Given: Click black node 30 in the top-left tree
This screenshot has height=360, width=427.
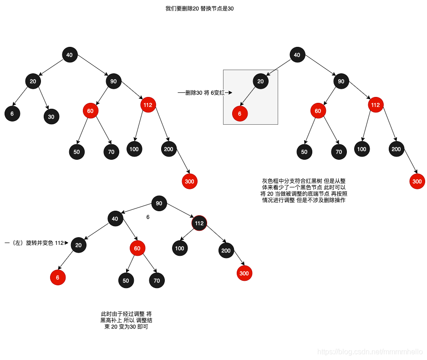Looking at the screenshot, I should [x=51, y=117].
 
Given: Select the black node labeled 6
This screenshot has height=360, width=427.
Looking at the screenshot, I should [x=12, y=113].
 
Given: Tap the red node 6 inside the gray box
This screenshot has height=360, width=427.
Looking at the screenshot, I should [x=240, y=113].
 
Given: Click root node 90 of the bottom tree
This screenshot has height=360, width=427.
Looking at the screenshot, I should [x=158, y=203].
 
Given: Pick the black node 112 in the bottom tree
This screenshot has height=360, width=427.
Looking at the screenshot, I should [x=199, y=223].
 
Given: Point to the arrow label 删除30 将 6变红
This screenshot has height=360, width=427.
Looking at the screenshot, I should [x=205, y=92].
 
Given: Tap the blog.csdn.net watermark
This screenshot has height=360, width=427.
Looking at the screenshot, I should [x=370, y=352].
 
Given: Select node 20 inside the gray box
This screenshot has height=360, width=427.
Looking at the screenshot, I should [x=260, y=81].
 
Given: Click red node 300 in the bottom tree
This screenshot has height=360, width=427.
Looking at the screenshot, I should [x=244, y=273].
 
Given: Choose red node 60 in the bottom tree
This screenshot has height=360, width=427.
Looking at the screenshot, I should [x=137, y=248].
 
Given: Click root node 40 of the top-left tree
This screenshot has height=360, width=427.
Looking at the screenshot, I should [x=69, y=55].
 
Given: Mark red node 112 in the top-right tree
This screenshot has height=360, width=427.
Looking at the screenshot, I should [x=376, y=105].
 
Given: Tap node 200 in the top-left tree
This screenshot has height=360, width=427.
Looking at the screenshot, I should [x=169, y=149].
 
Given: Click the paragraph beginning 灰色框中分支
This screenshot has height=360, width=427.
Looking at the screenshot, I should [x=303, y=191].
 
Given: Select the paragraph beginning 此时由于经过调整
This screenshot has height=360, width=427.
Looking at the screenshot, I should [x=126, y=320].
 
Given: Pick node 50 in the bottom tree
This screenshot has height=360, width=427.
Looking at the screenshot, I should [x=126, y=280].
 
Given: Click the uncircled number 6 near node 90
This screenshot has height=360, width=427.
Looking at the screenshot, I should [x=148, y=217].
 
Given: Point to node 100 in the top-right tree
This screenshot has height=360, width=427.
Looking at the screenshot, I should [x=362, y=149].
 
